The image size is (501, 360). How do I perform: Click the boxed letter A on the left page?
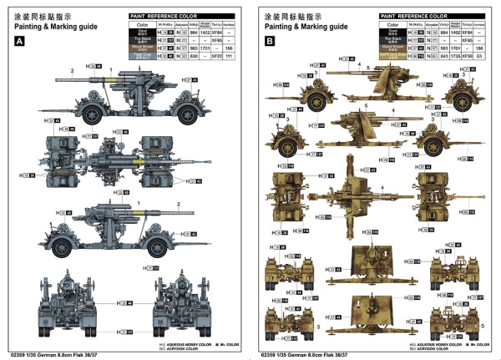tap(19, 41)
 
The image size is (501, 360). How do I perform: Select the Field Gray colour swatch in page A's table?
tap(141, 55)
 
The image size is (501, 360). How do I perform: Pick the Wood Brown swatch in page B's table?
tap(392, 48)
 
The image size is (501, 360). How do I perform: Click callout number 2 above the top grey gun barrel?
tap(73, 69)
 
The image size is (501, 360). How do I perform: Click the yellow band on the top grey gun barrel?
tap(115, 80)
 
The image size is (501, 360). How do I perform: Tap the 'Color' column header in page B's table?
tap(392, 24)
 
